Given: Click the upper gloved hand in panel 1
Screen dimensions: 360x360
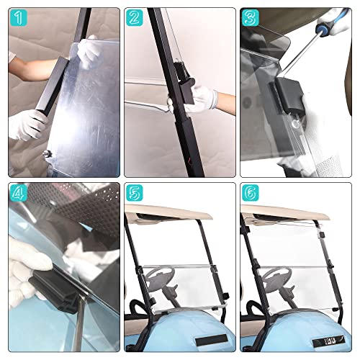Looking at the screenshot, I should click(89, 50).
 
